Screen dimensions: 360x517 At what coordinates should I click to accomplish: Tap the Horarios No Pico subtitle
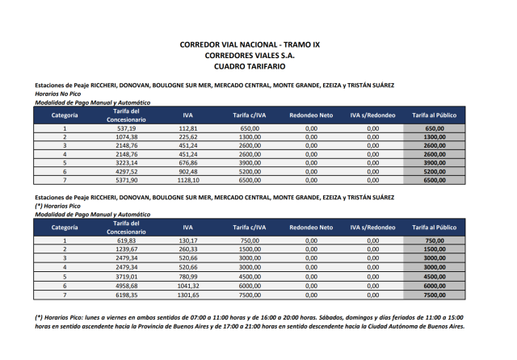pyautogui.click(x=57, y=94)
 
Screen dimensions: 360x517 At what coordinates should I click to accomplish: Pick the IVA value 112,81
pyautogui.click(x=188, y=128)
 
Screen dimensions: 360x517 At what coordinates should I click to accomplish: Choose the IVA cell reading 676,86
pyautogui.click(x=188, y=163)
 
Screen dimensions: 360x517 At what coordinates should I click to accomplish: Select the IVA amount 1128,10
pyautogui.click(x=188, y=181)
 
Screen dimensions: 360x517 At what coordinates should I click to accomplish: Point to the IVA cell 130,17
pyautogui.click(x=188, y=241)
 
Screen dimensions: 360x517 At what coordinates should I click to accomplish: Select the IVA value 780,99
pyautogui.click(x=188, y=275)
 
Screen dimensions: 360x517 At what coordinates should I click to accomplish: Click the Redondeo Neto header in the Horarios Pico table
pyautogui.click(x=311, y=228)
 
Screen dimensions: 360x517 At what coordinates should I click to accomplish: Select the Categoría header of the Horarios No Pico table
pyautogui.click(x=65, y=115)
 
